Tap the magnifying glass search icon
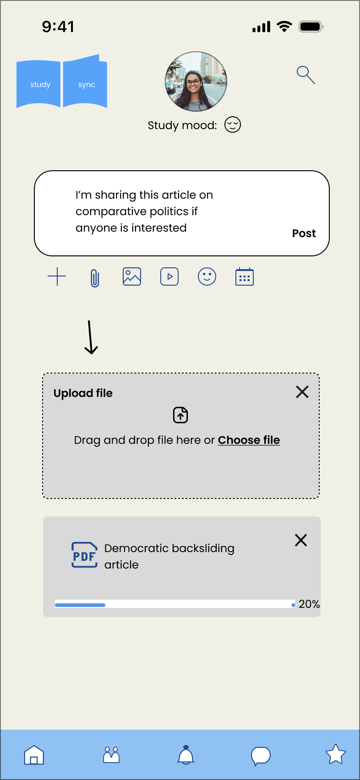pyautogui.click(x=305, y=75)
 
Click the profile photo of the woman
pyautogui.click(x=196, y=81)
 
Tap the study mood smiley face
pyautogui.click(x=233, y=125)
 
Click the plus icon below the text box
pyautogui.click(x=57, y=276)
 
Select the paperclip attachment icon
pyautogui.click(x=94, y=277)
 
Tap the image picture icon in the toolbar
pyautogui.click(x=132, y=276)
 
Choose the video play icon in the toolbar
pyautogui.click(x=169, y=276)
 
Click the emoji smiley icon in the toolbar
pyautogui.click(x=207, y=276)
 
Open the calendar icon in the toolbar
pyautogui.click(x=245, y=277)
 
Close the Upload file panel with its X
pyautogui.click(x=302, y=392)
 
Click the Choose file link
pyautogui.click(x=249, y=440)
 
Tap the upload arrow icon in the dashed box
pyautogui.click(x=180, y=415)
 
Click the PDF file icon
pyautogui.click(x=84, y=555)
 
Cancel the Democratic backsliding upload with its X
pyautogui.click(x=301, y=540)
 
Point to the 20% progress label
pyautogui.click(x=309, y=604)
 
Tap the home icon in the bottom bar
pyautogui.click(x=34, y=755)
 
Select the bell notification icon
pyautogui.click(x=186, y=755)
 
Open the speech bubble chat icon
pyautogui.click(x=261, y=756)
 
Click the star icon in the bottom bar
pyautogui.click(x=335, y=754)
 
